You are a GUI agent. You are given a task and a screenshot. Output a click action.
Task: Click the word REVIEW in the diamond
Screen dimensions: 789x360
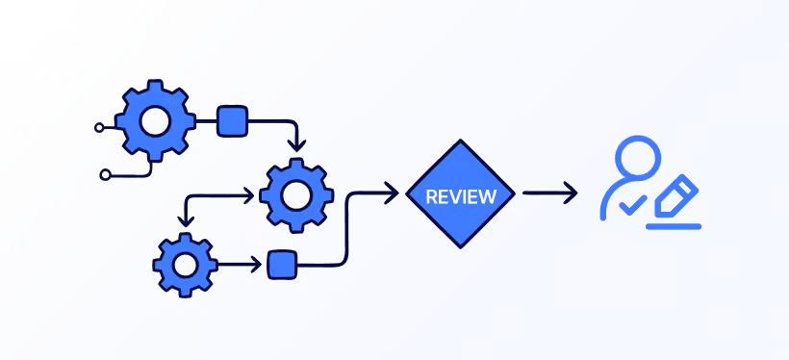(461, 196)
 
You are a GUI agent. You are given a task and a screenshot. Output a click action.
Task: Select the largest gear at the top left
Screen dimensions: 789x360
(155, 121)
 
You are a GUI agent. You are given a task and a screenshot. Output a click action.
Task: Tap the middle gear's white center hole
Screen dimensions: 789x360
(296, 195)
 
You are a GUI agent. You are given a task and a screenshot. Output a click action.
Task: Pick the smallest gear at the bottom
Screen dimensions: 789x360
(185, 265)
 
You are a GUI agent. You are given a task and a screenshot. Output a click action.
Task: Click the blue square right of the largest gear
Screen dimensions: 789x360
(233, 121)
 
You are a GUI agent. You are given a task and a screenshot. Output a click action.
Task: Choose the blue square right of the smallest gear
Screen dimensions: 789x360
(282, 265)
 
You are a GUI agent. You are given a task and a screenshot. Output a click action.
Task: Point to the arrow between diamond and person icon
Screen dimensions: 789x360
(550, 193)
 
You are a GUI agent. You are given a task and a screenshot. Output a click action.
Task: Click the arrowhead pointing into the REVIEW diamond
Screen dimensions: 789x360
(393, 193)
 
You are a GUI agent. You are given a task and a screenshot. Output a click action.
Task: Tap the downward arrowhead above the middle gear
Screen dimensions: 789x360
(297, 146)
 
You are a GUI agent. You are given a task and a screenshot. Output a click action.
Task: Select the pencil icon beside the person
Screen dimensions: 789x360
(676, 195)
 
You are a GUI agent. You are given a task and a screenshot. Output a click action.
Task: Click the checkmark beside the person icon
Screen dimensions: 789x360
(632, 205)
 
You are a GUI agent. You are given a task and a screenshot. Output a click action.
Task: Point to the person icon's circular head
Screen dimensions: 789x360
(638, 157)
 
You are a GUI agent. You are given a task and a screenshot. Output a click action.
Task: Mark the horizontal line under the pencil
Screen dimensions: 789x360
(674, 226)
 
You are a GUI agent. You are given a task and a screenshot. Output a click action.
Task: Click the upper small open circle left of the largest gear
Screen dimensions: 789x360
(99, 128)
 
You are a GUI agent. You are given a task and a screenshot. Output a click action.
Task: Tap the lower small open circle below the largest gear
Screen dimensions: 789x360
(105, 175)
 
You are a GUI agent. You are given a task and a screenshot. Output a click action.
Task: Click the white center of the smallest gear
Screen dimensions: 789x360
(185, 265)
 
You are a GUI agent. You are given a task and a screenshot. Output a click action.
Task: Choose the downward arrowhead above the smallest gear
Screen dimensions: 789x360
(187, 219)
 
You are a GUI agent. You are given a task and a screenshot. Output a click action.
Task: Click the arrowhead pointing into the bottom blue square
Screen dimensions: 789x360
(257, 265)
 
